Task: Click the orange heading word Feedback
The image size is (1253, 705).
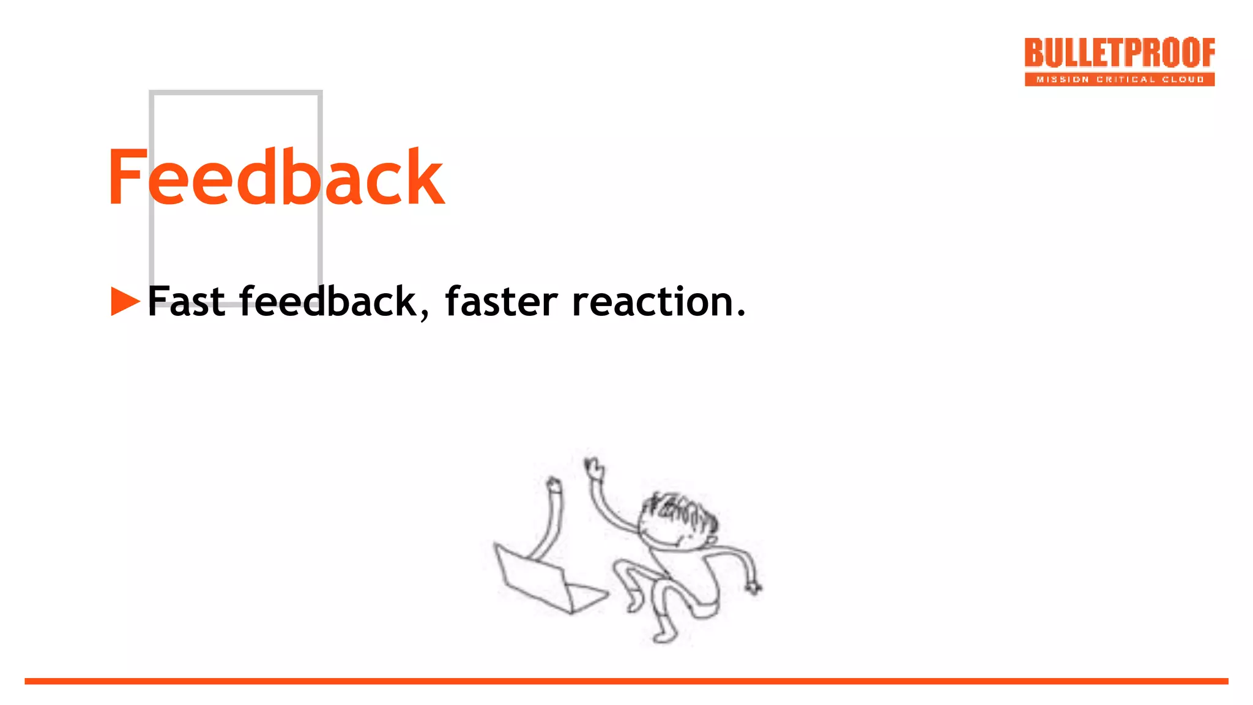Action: (275, 177)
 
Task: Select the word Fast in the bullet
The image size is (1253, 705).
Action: (186, 301)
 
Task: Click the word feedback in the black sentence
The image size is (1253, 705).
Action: (327, 301)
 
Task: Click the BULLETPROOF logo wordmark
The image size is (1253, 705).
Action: (1120, 53)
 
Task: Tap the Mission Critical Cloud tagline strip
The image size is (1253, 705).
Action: (1120, 80)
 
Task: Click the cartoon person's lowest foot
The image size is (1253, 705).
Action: (664, 636)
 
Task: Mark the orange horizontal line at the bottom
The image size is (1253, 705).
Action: (626, 681)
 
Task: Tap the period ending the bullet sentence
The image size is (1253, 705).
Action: (741, 313)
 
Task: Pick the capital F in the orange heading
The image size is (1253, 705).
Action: (127, 177)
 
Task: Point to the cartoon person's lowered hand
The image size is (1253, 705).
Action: (753, 587)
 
